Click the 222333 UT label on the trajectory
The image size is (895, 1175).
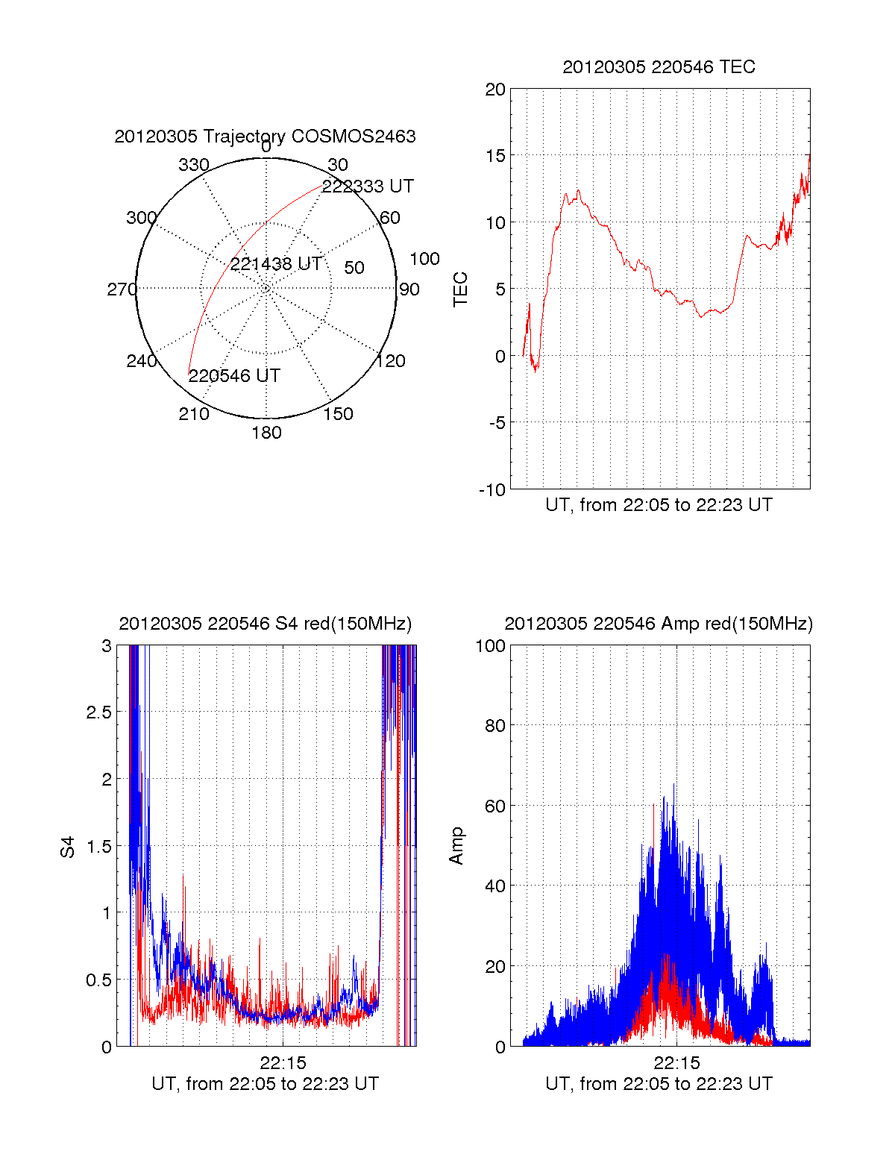point(368,187)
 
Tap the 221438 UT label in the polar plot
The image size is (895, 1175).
point(276,264)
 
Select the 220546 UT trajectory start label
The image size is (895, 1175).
point(234,376)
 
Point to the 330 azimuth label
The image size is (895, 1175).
point(194,165)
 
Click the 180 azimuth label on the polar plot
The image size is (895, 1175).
point(266,433)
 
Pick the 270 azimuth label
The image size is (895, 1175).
point(122,289)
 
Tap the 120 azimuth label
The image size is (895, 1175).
point(391,362)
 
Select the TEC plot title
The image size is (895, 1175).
point(659,67)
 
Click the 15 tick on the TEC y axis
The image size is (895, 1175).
point(495,156)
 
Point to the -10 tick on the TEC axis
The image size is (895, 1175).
point(492,490)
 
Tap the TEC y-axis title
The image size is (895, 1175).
point(461,289)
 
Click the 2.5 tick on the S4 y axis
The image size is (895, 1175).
point(99,712)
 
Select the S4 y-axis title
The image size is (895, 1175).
point(68,847)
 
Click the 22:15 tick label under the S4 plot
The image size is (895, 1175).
point(283,1063)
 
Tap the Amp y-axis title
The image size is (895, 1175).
point(456,846)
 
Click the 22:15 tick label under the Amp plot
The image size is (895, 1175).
point(676,1063)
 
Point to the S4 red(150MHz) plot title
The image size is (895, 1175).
point(265,624)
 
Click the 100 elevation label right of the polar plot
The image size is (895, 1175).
point(424,259)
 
